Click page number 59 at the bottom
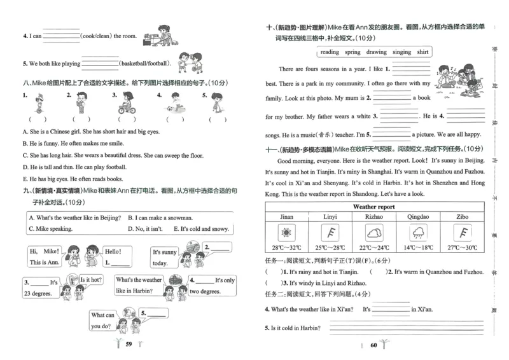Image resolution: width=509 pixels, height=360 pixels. [129, 344]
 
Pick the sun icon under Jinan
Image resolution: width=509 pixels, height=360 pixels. [286, 232]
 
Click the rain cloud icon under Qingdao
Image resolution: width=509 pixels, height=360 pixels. [418, 232]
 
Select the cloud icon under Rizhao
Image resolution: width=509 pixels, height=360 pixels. [374, 232]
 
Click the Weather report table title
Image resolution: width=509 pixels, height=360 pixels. [373, 207]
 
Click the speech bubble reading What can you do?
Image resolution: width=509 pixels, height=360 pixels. [104, 321]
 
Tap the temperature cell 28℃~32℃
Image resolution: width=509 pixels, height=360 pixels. [286, 248]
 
